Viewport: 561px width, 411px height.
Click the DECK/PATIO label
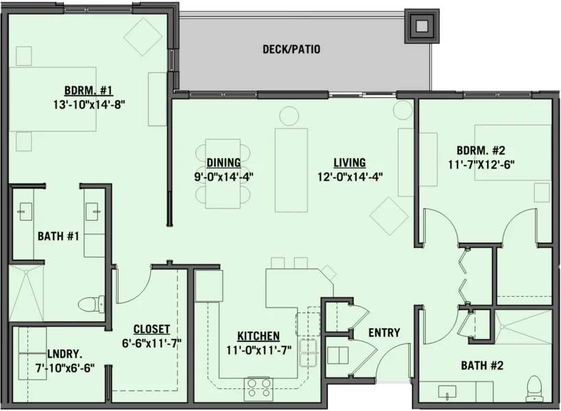[291, 49]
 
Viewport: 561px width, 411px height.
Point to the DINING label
[223, 163]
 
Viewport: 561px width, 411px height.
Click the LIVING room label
[349, 163]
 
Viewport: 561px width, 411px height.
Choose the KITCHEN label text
[258, 336]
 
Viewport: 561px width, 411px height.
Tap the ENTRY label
[384, 333]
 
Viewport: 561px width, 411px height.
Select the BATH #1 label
[58, 237]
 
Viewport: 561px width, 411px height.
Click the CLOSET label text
[152, 329]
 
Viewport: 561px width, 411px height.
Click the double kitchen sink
[307, 347]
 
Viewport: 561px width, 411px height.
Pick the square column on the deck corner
[422, 26]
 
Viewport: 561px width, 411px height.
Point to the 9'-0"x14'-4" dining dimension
[223, 175]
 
